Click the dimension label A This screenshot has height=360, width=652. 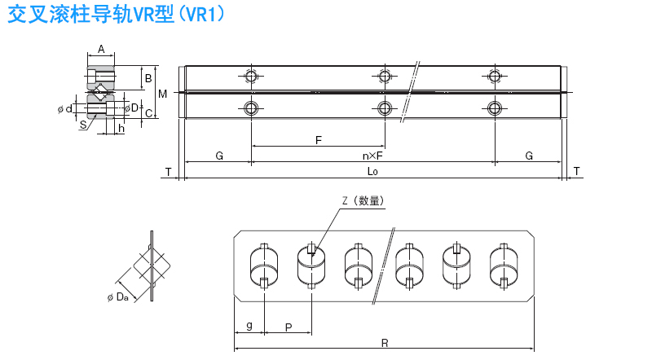coord(101,49)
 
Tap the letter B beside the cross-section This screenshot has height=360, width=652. coord(148,79)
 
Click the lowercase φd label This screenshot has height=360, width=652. coord(65,108)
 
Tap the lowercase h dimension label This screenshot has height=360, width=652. coord(121,128)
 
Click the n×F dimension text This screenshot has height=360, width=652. coord(373,155)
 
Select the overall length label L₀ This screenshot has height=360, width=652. coord(372,171)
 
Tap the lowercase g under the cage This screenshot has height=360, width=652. coord(249,325)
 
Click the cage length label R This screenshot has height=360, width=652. coord(382,343)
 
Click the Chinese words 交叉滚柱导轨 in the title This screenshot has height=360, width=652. coord(57,15)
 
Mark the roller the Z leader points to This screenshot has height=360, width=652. coord(311,266)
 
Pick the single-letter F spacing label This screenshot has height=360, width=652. coord(319,140)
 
